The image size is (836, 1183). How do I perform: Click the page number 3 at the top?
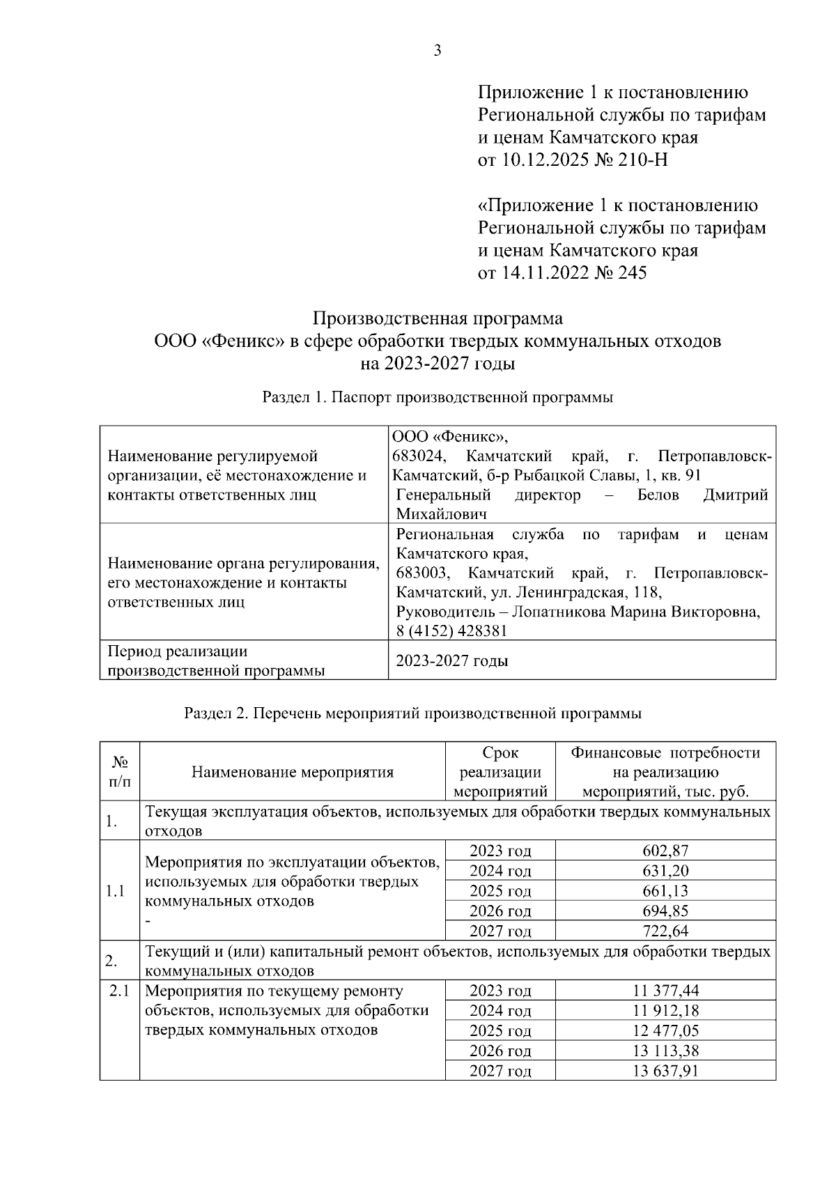click(438, 50)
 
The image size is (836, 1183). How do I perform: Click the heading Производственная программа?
click(438, 319)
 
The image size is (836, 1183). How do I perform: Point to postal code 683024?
click(418, 456)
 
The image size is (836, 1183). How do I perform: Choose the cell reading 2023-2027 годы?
click(451, 660)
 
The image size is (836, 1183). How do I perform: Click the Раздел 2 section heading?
click(412, 713)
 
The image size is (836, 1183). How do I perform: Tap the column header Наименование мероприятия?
click(293, 772)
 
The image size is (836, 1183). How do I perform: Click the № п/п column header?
click(119, 772)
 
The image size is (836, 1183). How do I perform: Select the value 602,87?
click(665, 851)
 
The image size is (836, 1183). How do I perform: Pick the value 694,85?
click(665, 911)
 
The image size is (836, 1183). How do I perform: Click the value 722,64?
click(665, 931)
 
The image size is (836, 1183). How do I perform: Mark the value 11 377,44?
click(665, 991)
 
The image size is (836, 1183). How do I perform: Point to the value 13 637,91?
click(665, 1071)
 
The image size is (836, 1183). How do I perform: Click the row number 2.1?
click(119, 991)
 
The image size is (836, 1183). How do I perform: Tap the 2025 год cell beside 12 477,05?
click(500, 1031)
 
